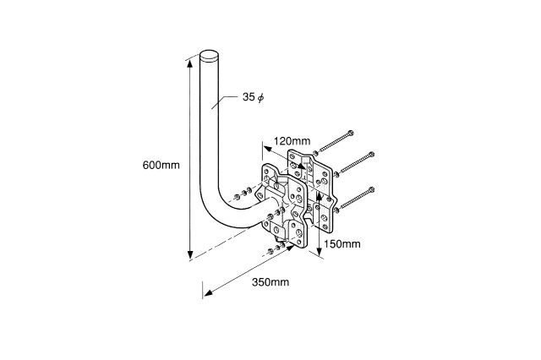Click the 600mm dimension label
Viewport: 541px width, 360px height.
click(161, 165)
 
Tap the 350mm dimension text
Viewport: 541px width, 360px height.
click(270, 282)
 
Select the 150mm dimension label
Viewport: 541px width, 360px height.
click(342, 243)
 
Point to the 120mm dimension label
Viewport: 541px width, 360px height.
click(292, 140)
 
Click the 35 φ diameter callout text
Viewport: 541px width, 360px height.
click(253, 97)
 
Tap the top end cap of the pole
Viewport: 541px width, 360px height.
click(210, 56)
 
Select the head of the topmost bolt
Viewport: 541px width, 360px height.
click(351, 133)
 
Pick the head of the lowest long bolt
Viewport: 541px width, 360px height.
click(371, 189)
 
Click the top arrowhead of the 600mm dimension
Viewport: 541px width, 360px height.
click(189, 65)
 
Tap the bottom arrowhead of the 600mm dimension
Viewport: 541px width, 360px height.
click(189, 255)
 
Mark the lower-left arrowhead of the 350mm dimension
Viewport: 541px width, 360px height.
click(208, 293)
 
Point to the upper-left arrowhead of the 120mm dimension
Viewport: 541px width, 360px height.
click(267, 149)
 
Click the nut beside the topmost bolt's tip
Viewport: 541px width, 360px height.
click(315, 153)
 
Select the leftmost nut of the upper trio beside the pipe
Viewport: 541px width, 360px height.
click(237, 197)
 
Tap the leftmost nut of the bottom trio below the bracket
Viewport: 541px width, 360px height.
click(270, 251)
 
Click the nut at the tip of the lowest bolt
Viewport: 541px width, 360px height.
click(336, 210)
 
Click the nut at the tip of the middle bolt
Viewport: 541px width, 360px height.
click(336, 174)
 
